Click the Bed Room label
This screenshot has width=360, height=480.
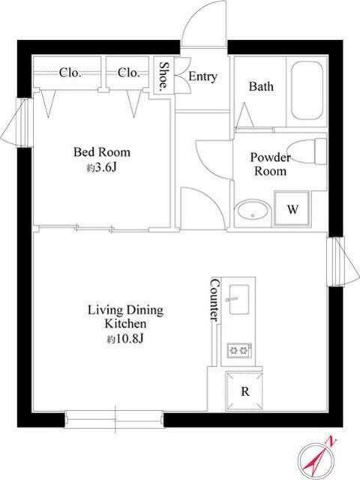click(102, 152)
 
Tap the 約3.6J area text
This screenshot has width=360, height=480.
click(101, 168)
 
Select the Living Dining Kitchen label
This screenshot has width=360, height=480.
click(125, 316)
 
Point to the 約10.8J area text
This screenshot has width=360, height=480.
click(125, 338)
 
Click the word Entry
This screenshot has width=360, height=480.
click(202, 76)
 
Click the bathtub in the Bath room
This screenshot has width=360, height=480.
click(307, 91)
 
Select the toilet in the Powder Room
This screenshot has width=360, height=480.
click(307, 151)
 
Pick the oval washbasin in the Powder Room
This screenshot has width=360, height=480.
click(253, 209)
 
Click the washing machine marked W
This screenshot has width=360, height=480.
click(292, 208)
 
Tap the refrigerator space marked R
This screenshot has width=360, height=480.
click(244, 391)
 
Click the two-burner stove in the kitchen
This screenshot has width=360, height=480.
click(239, 350)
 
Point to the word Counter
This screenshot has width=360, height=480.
click(215, 299)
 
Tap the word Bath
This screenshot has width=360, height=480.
click(261, 86)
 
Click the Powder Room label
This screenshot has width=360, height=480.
click(270, 164)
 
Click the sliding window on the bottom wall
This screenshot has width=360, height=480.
click(114, 419)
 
